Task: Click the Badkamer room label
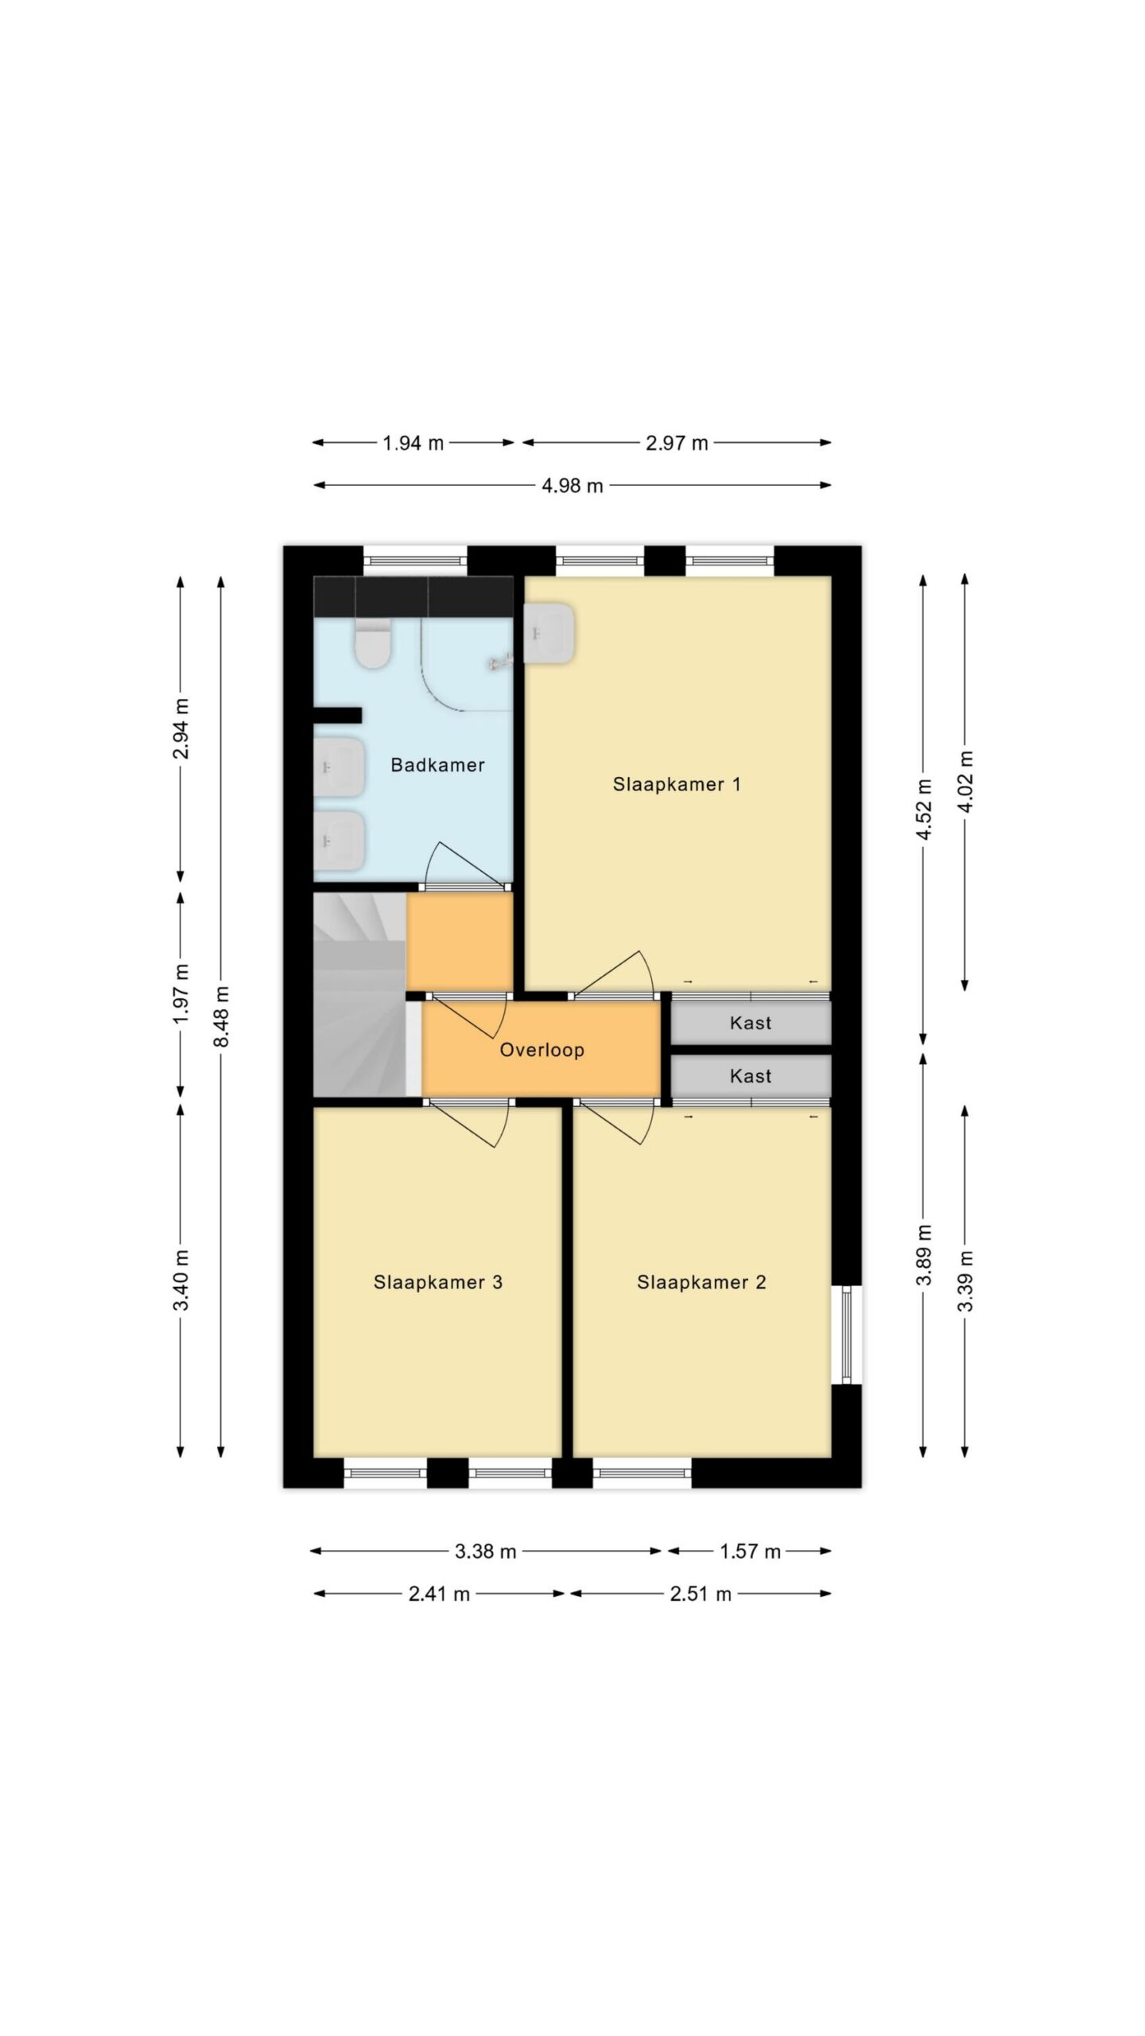(437, 765)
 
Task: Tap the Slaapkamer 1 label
(677, 784)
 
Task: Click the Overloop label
(541, 1050)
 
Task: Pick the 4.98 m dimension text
(572, 486)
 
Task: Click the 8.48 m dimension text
(222, 1016)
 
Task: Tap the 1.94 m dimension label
(413, 444)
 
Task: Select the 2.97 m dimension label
(677, 444)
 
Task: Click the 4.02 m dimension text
(965, 781)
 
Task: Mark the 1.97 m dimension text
(181, 994)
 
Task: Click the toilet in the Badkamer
(373, 643)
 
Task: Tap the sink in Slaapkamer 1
(549, 634)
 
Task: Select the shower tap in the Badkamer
(499, 659)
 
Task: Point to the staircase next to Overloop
(359, 994)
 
